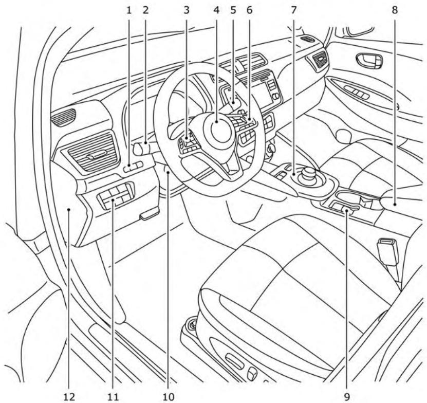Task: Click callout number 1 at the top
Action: click(129, 10)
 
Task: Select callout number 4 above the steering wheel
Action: click(217, 10)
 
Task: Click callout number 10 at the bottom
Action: click(169, 396)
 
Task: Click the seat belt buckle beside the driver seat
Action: click(384, 250)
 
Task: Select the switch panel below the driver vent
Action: click(116, 196)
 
